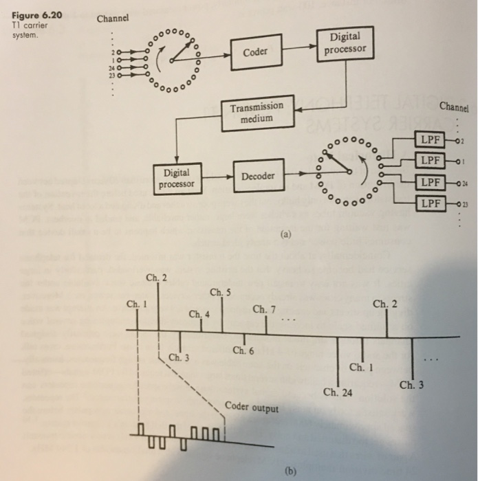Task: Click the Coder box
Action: tap(255, 51)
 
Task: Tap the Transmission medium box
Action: tap(257, 113)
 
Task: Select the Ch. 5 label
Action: tap(219, 293)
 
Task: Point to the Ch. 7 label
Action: tap(264, 309)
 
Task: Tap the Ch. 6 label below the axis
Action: tap(243, 351)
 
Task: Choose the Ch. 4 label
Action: tap(199, 314)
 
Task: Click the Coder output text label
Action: tap(252, 409)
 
